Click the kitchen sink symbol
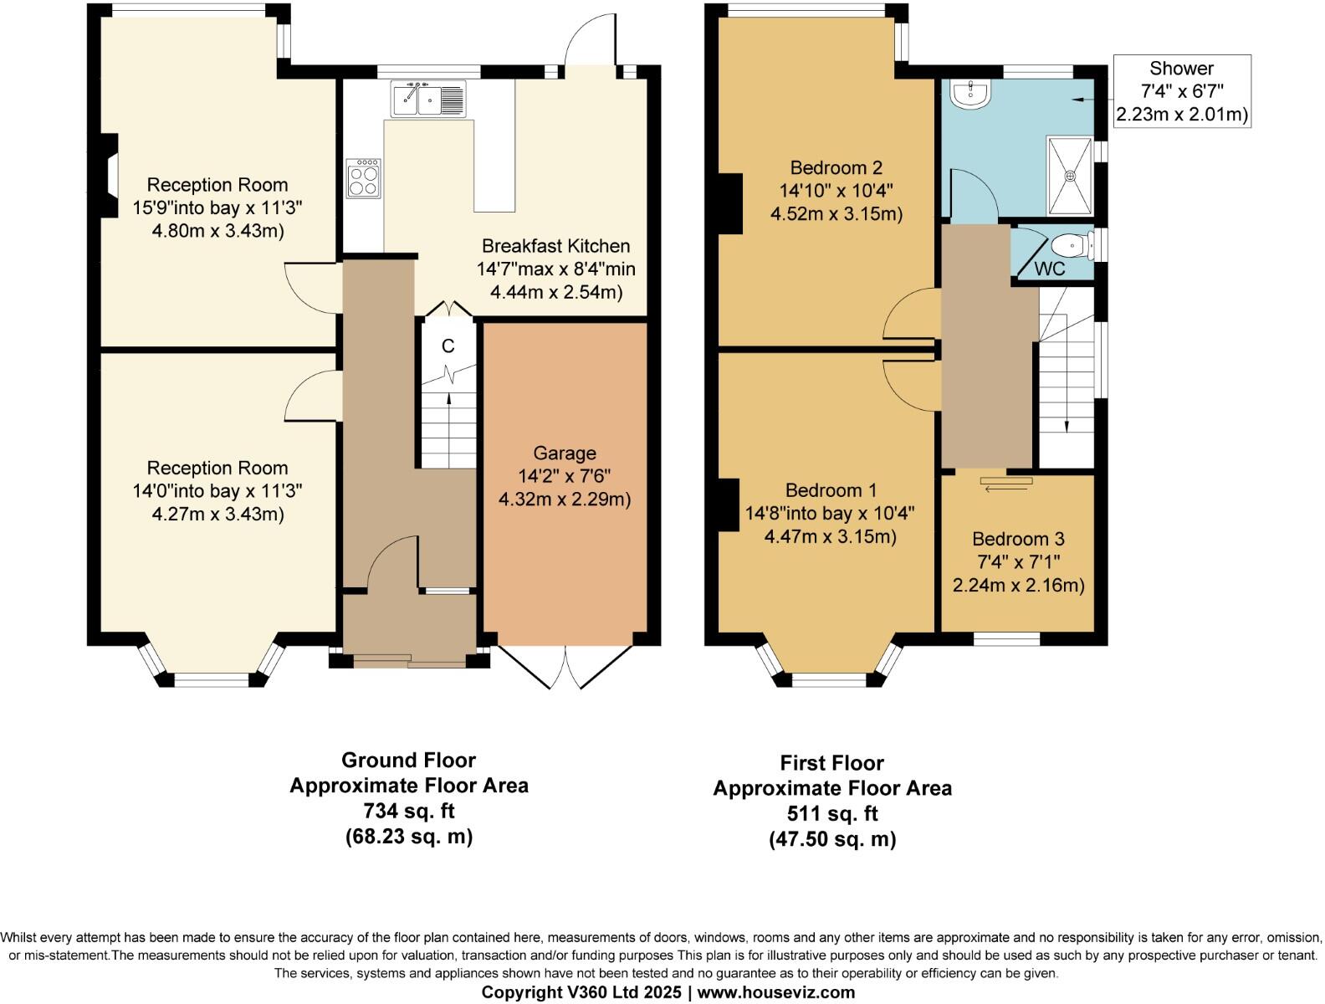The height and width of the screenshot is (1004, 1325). pyautogui.click(x=428, y=99)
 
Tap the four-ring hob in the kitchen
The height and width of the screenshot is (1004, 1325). pyautogui.click(x=363, y=178)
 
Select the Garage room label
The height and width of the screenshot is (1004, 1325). pyautogui.click(x=565, y=453)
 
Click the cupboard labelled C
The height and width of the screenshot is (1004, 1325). pyautogui.click(x=448, y=346)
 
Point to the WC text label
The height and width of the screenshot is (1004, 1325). pyautogui.click(x=1050, y=269)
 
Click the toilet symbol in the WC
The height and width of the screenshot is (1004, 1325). pyautogui.click(x=1071, y=246)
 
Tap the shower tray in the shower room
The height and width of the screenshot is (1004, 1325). pyautogui.click(x=1070, y=176)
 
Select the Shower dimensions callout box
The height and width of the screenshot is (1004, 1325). pyautogui.click(x=1181, y=90)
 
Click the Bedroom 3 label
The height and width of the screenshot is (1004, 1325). pyautogui.click(x=1018, y=539)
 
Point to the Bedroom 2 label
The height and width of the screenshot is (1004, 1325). pyautogui.click(x=836, y=167)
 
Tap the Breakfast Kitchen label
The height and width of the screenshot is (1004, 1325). pyautogui.click(x=555, y=246)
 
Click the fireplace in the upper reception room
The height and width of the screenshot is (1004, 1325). pyautogui.click(x=106, y=177)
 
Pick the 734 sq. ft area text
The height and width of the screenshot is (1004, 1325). pyautogui.click(x=408, y=811)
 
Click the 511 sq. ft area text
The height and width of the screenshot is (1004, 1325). pyautogui.click(x=832, y=813)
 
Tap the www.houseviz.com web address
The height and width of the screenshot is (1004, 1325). pyautogui.click(x=776, y=992)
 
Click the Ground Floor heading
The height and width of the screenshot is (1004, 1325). pyautogui.click(x=408, y=761)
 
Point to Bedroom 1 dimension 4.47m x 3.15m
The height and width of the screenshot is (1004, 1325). pyautogui.click(x=830, y=536)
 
